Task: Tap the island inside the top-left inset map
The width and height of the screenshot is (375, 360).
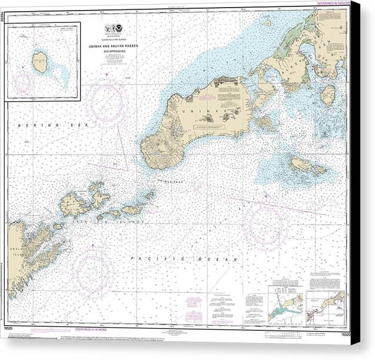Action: click(40, 61)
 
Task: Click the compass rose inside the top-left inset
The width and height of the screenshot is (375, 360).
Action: click(24, 84)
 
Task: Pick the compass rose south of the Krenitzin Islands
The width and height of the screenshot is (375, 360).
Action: click(93, 272)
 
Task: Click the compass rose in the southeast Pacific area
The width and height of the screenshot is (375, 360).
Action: click(266, 224)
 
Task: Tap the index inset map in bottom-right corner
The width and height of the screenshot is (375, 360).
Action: click(326, 306)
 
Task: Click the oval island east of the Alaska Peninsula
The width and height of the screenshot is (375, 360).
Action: click(327, 95)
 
